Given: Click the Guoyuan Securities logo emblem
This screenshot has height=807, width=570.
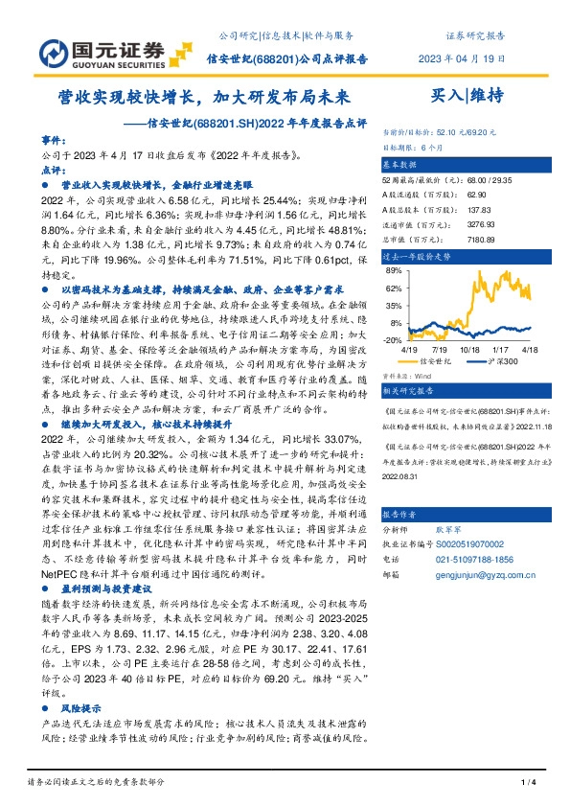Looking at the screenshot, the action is (x=49, y=49).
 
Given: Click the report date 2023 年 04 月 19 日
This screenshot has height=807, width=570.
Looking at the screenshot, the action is (x=456, y=58).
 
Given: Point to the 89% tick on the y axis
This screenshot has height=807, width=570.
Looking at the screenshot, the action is (x=393, y=269).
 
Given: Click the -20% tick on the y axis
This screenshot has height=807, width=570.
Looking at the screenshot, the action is (x=392, y=339).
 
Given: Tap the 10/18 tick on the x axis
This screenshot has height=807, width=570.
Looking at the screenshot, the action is (x=469, y=350).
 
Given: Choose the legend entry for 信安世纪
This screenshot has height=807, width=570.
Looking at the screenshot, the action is (x=434, y=361).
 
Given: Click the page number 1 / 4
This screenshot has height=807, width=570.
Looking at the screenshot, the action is (x=526, y=783).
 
